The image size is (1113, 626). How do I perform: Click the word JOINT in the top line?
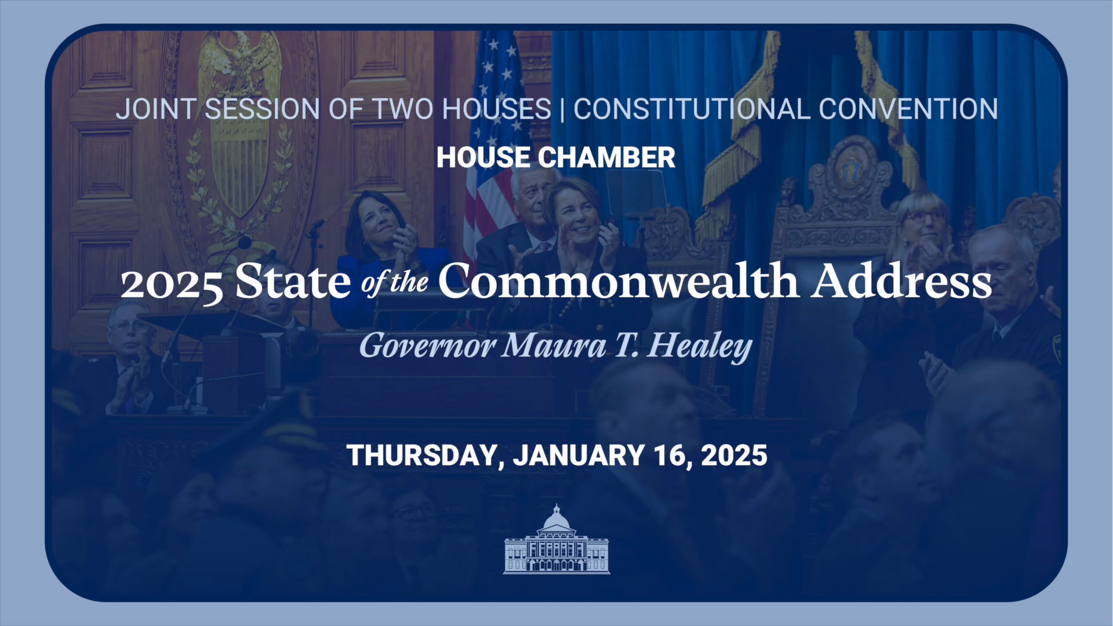(x=157, y=110)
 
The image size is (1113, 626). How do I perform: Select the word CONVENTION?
(x=908, y=110)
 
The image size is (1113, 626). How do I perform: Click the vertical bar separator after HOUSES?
(x=562, y=110)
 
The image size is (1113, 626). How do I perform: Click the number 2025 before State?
(x=172, y=284)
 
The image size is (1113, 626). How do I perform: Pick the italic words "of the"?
(x=394, y=283)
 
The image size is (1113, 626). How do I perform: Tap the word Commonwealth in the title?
(x=618, y=282)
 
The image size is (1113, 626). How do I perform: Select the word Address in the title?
(x=901, y=282)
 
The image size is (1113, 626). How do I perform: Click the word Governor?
(x=427, y=346)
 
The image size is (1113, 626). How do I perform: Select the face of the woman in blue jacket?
(x=377, y=219)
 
